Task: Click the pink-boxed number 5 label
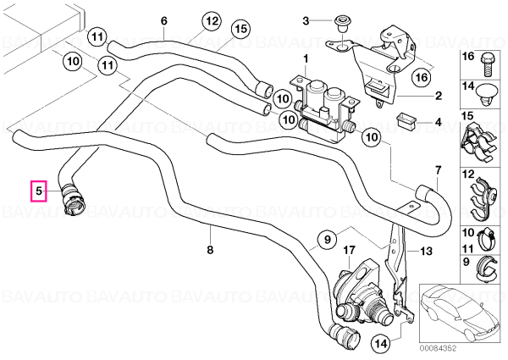(39, 191)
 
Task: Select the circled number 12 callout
(211, 22)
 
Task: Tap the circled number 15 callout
(241, 29)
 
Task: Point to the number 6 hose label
(164, 21)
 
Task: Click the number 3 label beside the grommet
(306, 21)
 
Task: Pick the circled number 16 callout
(422, 77)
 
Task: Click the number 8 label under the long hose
(210, 250)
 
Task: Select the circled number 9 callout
(327, 240)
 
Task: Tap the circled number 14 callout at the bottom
(381, 344)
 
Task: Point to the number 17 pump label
(349, 250)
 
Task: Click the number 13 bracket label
(426, 251)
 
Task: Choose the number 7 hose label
(438, 169)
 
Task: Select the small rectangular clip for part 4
(406, 120)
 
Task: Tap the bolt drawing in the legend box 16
(486, 64)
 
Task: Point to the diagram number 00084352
(438, 348)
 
